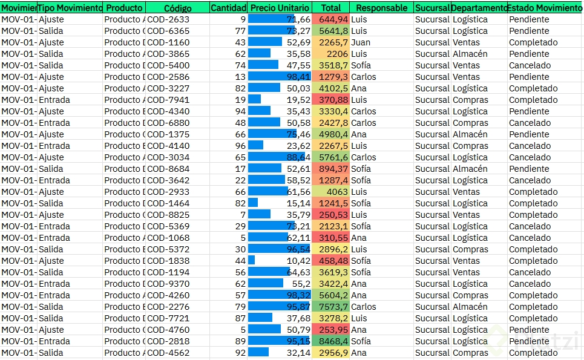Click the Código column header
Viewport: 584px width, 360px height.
pos(177,8)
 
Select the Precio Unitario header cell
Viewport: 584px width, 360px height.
pos(280,8)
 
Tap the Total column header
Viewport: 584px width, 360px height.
pos(331,8)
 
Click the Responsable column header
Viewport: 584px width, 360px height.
pos(382,8)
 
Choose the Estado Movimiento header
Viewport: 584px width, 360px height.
pos(545,8)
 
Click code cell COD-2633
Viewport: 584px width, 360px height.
pos(168,19)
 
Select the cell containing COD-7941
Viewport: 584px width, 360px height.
pos(168,100)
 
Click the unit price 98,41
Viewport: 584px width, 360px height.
pos(298,77)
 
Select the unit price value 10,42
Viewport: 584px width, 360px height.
pos(298,261)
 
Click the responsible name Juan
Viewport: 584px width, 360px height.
pos(361,42)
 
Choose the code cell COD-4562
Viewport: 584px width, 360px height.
pos(168,353)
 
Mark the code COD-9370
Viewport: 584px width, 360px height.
pos(168,284)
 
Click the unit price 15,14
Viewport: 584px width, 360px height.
pos(298,203)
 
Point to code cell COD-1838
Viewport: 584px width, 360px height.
pos(168,261)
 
